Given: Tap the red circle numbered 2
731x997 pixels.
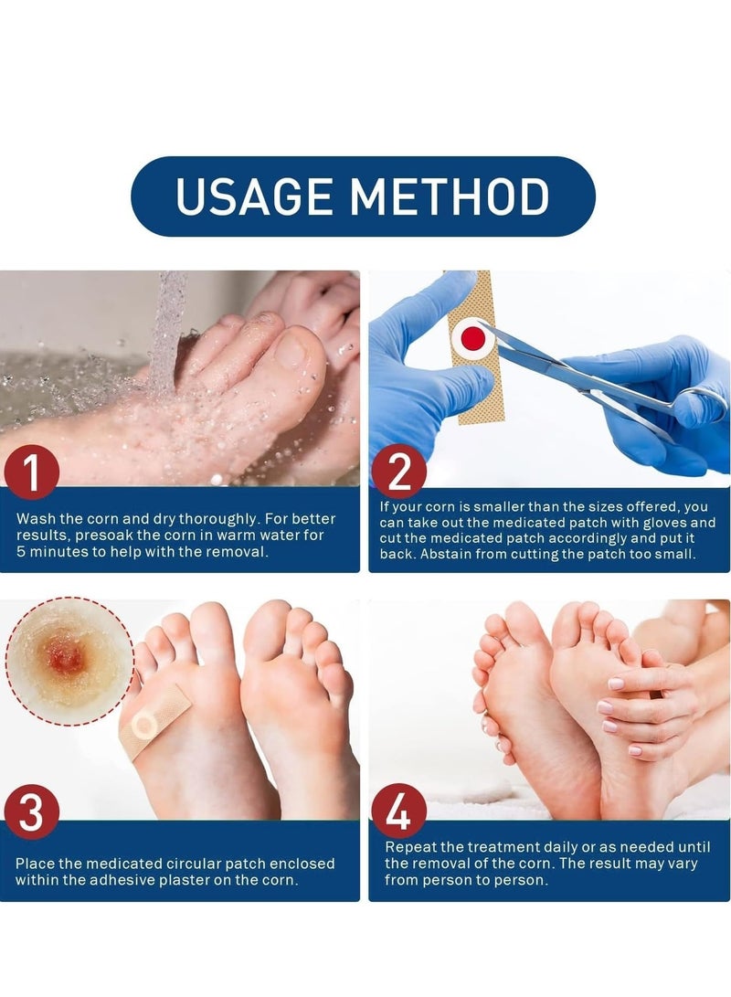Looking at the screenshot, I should (399, 472).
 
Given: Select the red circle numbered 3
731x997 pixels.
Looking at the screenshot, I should (30, 813).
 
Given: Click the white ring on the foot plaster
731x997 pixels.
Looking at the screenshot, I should (143, 726).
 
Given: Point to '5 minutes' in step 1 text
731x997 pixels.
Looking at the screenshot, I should (54, 551).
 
